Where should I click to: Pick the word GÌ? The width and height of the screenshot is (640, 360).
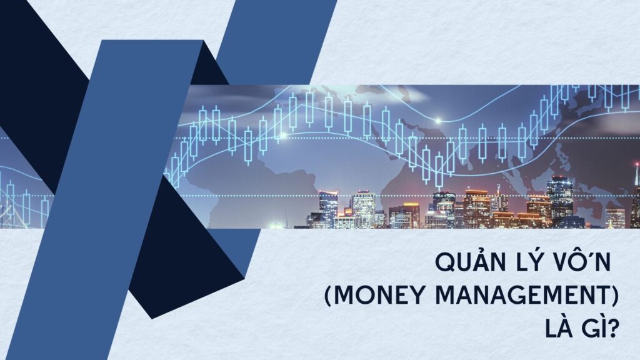(592, 327)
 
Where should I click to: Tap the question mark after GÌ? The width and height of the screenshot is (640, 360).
(612, 327)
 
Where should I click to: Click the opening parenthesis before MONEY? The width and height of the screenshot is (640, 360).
(329, 295)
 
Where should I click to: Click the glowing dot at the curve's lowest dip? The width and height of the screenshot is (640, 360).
(438, 121)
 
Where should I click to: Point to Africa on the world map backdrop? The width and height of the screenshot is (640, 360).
(261, 192)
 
